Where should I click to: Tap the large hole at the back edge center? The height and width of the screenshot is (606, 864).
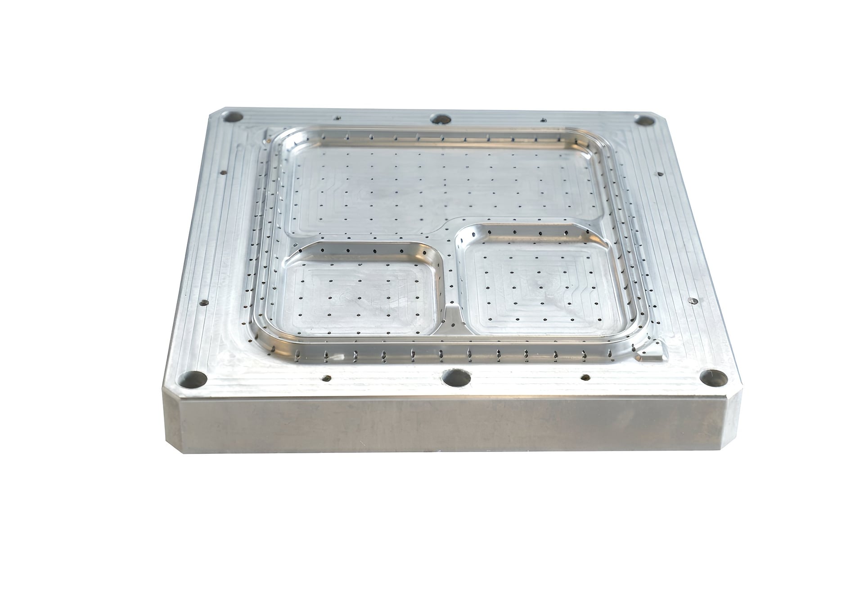[x=441, y=119]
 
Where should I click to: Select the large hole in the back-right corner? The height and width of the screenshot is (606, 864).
[x=644, y=121]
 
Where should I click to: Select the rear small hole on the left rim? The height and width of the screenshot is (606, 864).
[x=222, y=172]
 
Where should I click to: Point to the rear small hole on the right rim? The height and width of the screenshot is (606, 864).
[x=660, y=174]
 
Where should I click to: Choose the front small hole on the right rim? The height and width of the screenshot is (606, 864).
[x=693, y=301]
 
